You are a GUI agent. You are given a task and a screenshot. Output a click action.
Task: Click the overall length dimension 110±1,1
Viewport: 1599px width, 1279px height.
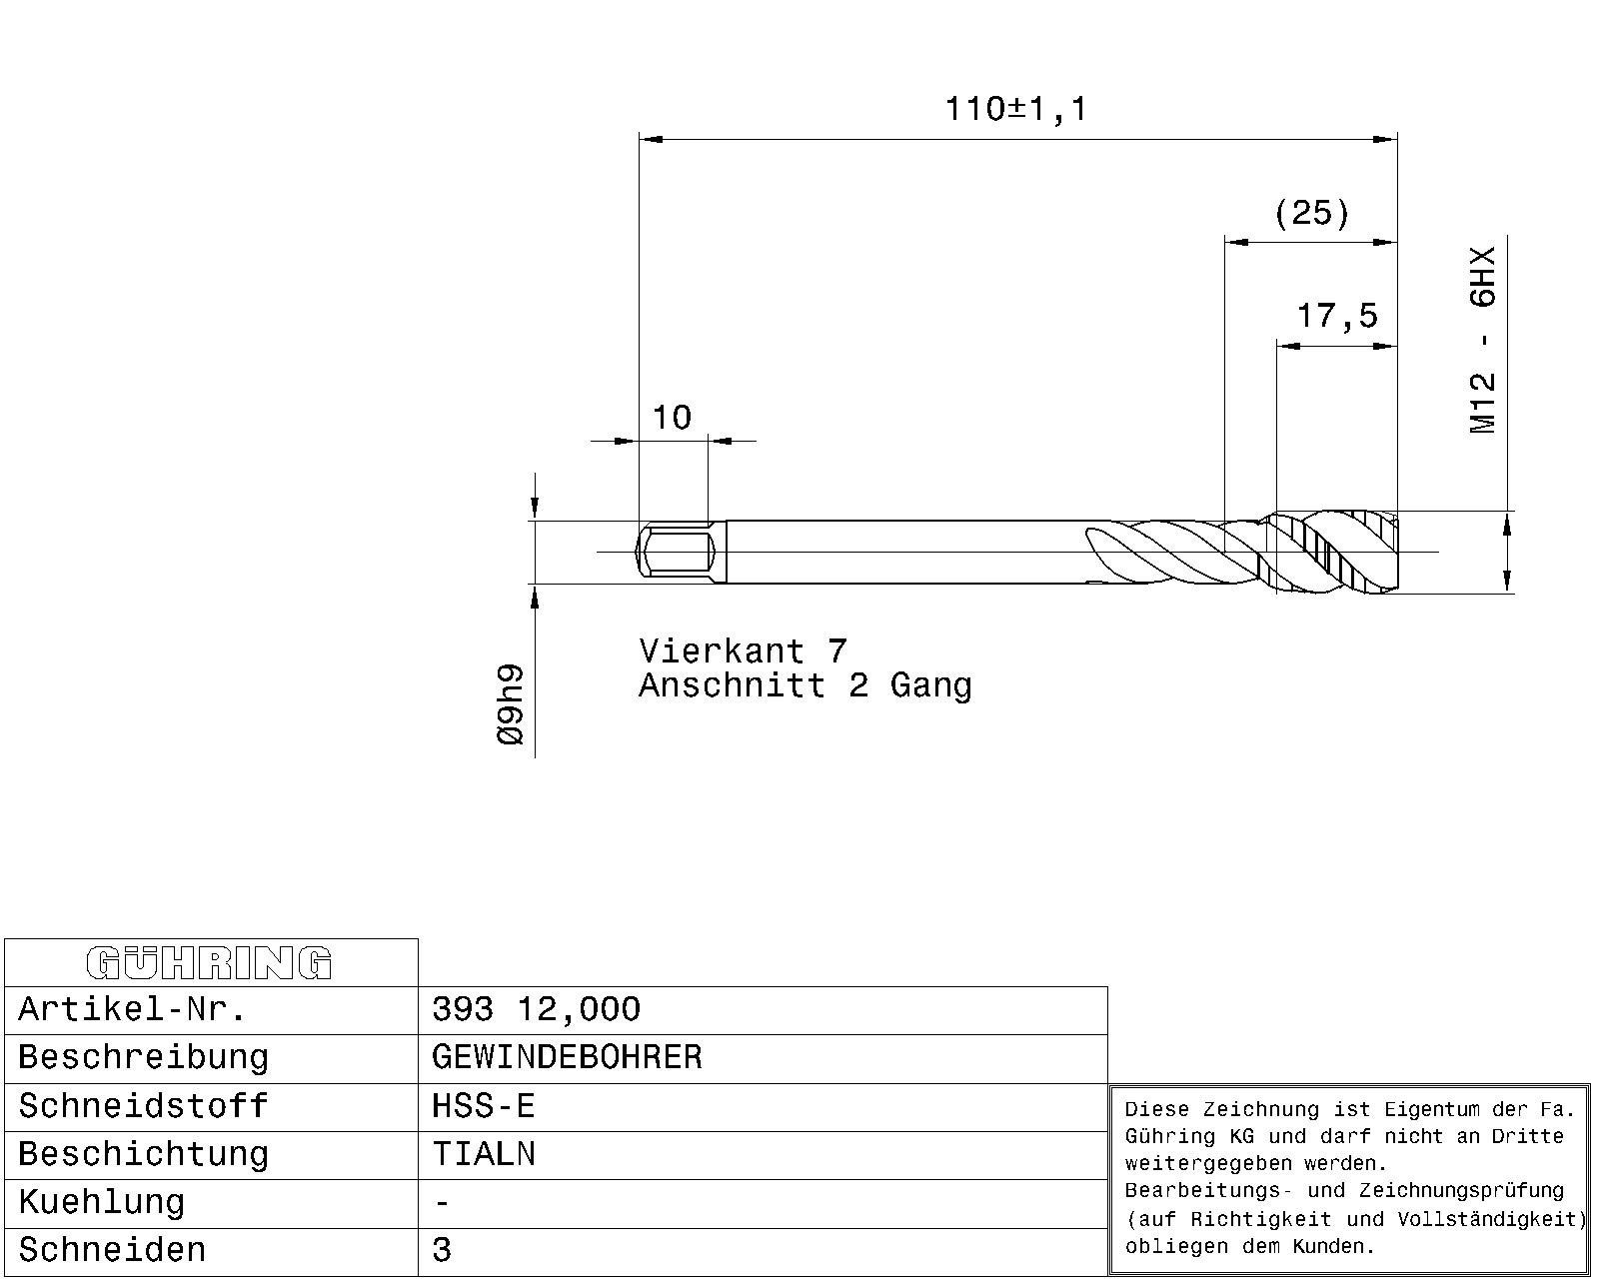pyautogui.click(x=1015, y=109)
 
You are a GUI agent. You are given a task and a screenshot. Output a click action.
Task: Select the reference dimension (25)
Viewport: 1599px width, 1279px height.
pyautogui.click(x=1311, y=213)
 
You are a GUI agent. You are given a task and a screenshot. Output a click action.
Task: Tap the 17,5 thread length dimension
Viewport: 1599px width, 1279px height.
pyautogui.click(x=1337, y=316)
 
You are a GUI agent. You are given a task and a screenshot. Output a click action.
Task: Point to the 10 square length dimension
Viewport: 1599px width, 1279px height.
pyautogui.click(x=672, y=418)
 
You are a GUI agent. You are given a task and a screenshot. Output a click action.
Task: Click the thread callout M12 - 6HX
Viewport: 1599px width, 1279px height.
pyautogui.click(x=1482, y=341)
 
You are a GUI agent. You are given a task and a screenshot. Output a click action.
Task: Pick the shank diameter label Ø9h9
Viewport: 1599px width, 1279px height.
pyautogui.click(x=511, y=704)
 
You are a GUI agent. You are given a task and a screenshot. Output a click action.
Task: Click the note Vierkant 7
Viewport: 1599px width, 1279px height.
pyautogui.click(x=743, y=651)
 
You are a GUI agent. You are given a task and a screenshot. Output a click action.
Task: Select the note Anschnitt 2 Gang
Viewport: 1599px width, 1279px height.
pyautogui.click(x=805, y=685)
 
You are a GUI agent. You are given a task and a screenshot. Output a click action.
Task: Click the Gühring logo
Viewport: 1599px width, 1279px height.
pyautogui.click(x=209, y=963)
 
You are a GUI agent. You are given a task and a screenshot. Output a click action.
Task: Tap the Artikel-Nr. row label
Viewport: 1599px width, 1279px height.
pyautogui.click(x=132, y=1009)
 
